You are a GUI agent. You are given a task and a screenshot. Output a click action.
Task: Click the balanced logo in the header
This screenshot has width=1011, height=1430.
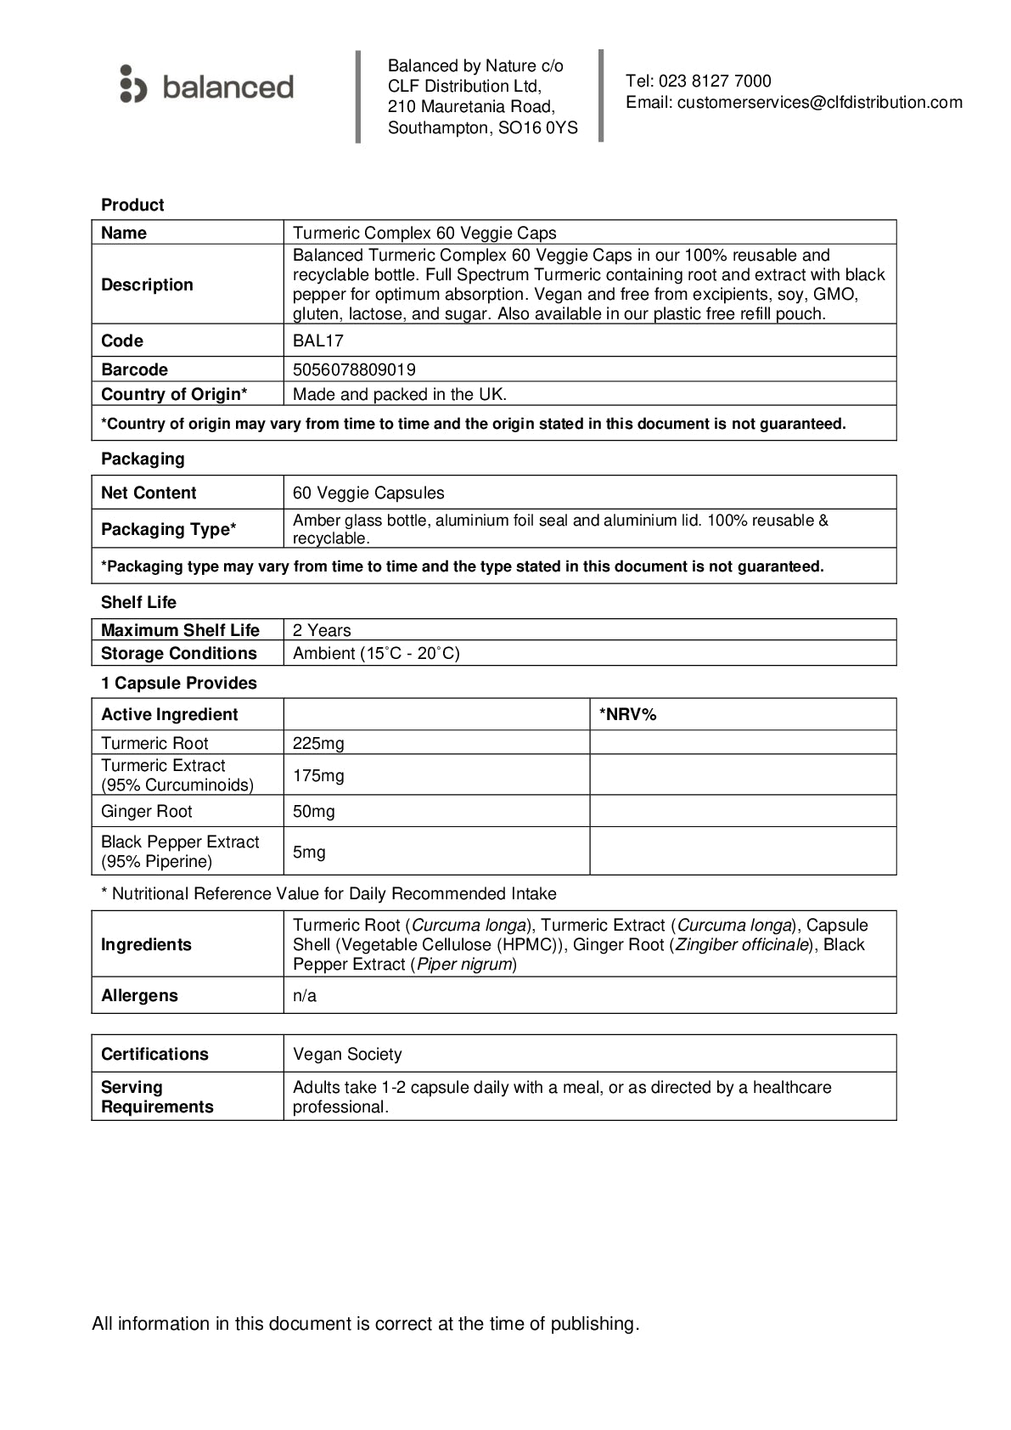pos(207,86)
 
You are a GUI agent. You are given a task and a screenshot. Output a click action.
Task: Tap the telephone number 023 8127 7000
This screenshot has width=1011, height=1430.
pos(715,82)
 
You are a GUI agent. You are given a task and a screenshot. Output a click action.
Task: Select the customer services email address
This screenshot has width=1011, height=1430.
pos(820,103)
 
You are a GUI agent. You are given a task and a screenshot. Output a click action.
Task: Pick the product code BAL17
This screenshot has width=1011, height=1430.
pos(318,341)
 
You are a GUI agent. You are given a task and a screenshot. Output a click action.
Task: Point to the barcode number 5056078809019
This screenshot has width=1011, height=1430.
pos(354,370)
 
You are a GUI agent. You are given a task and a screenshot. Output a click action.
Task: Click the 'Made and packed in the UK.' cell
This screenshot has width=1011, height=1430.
pos(400,395)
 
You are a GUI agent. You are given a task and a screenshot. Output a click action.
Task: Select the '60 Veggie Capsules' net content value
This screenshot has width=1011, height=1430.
pos(368,493)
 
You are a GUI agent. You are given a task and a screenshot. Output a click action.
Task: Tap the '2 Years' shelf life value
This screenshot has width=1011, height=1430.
pos(322,631)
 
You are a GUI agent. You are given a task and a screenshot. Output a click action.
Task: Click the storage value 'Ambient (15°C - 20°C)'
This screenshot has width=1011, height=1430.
pos(376,654)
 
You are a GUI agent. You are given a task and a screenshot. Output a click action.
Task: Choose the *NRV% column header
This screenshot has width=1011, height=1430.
pos(628,715)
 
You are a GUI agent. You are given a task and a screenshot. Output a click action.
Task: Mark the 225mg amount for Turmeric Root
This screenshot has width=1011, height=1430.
pos(318,744)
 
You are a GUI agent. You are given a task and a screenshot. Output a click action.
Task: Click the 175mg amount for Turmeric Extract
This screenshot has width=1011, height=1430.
pos(318,776)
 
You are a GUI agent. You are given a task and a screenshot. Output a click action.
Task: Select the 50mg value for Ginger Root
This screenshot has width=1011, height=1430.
pos(314,812)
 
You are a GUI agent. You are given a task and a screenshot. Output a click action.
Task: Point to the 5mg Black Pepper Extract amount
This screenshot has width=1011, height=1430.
pos(309,853)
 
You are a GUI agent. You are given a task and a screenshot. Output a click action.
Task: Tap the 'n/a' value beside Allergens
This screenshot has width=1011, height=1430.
pos(305,996)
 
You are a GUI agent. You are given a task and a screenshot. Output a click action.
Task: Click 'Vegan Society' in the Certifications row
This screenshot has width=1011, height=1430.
pos(347,1055)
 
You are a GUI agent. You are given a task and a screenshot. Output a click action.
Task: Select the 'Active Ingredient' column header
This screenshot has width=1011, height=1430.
pos(170,715)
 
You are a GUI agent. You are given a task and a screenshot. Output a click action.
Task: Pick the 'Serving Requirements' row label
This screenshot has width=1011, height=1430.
pos(157,1097)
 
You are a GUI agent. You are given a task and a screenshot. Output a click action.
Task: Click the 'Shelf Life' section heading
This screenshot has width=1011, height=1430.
pos(138,603)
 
